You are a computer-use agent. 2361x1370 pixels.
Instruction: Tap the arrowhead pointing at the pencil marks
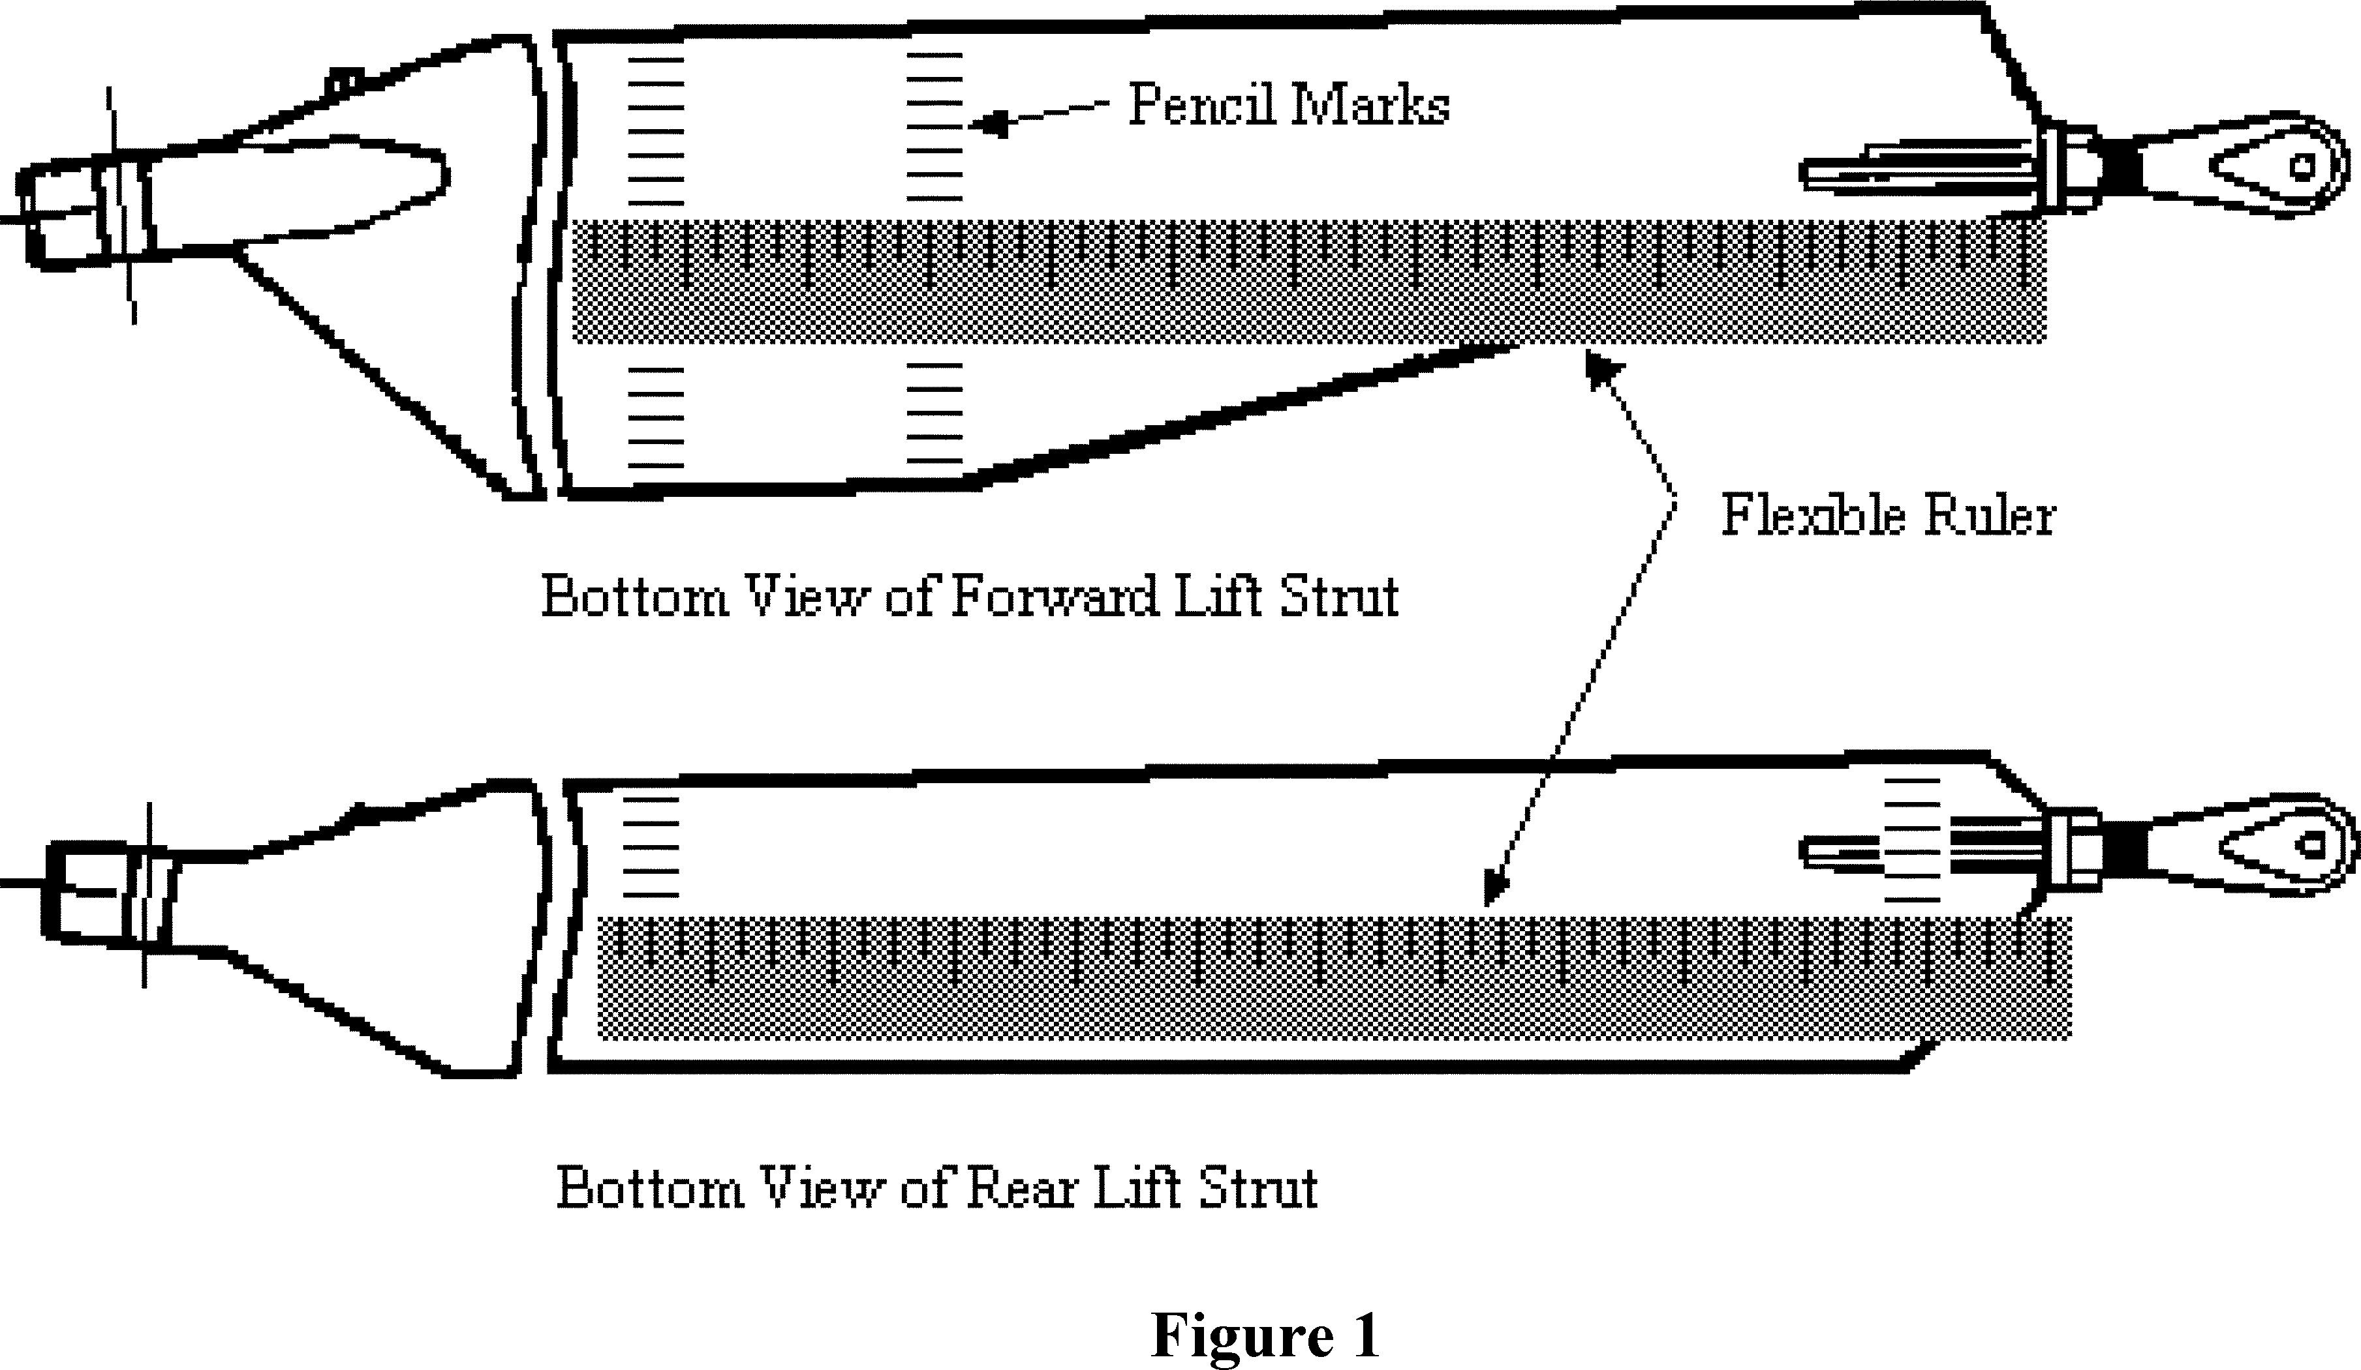tap(989, 123)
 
